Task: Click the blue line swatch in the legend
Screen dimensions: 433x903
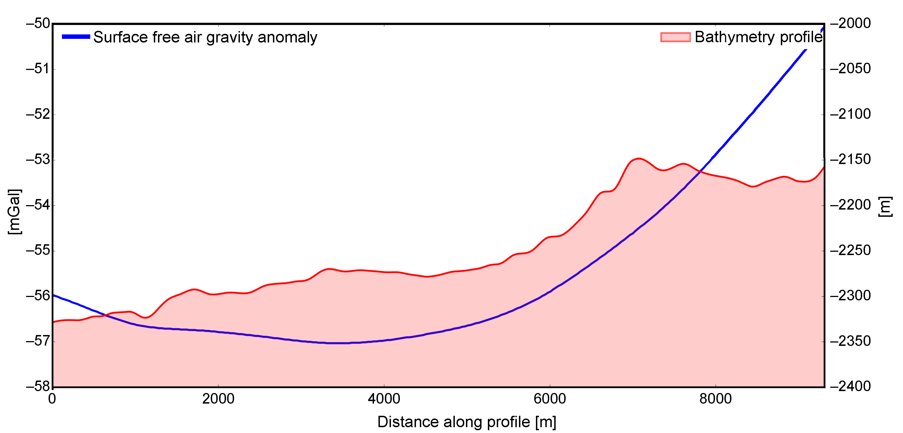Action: pyautogui.click(x=76, y=37)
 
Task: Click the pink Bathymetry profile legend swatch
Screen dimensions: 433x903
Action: pyautogui.click(x=675, y=37)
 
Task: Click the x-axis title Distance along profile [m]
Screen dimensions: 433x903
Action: pyautogui.click(x=466, y=422)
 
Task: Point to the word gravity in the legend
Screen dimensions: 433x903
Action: pyautogui.click(x=229, y=37)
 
